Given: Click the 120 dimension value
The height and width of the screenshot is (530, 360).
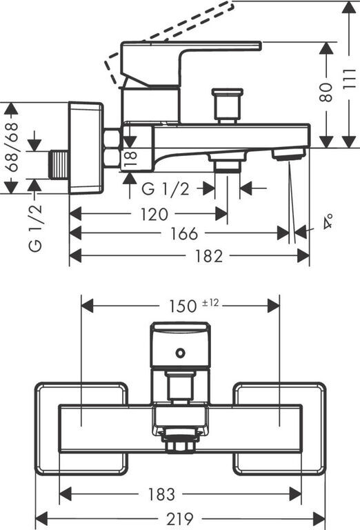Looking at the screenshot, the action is pyautogui.click(x=154, y=215).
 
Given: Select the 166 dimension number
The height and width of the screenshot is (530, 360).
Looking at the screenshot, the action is pyautogui.click(x=184, y=233).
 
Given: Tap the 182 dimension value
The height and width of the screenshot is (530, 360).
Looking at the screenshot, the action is pyautogui.click(x=209, y=256).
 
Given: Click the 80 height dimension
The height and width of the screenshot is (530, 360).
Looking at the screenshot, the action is pyautogui.click(x=326, y=92).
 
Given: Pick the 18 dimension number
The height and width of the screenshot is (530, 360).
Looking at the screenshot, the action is pyautogui.click(x=131, y=159).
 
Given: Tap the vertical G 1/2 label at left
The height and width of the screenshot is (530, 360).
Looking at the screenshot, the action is pyautogui.click(x=35, y=228).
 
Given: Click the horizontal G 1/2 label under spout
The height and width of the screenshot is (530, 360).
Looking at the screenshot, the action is pyautogui.click(x=166, y=189).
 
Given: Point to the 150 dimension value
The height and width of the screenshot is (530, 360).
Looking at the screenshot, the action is pyautogui.click(x=183, y=306).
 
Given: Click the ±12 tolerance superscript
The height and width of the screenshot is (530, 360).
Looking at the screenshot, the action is pyautogui.click(x=210, y=302).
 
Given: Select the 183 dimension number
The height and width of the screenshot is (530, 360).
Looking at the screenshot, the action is pyautogui.click(x=161, y=495).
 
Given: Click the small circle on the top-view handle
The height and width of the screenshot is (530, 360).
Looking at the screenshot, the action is pyautogui.click(x=180, y=353).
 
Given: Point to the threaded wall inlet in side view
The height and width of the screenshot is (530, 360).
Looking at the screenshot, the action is pyautogui.click(x=59, y=165).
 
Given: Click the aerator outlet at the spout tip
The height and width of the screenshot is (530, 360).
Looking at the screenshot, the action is pyautogui.click(x=289, y=155).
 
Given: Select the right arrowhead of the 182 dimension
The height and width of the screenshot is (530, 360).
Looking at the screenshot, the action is pyautogui.click(x=303, y=256).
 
